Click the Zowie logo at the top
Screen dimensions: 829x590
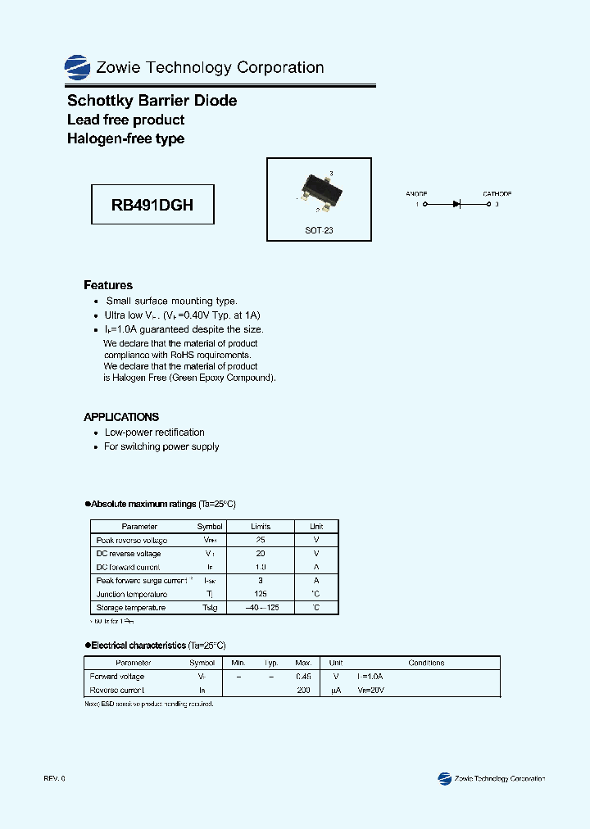77,67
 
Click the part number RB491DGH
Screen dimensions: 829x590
152,205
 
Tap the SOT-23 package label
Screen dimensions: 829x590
319,230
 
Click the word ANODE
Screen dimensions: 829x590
416,194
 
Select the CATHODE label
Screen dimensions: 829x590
497,194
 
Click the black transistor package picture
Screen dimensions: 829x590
319,187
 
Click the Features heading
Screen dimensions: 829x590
108,285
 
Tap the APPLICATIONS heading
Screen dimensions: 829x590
121,417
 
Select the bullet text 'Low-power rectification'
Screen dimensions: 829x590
155,433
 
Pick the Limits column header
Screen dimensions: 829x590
261,526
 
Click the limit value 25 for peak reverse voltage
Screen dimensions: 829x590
261,540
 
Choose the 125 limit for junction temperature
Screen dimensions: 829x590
261,594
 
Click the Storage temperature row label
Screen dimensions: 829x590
131,608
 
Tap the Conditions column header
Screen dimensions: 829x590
426,663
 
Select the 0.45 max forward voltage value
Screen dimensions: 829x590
303,677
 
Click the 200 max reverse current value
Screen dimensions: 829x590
303,691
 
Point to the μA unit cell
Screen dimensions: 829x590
335,691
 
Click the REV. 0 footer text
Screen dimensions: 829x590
54,778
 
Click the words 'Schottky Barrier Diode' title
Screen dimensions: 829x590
152,101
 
